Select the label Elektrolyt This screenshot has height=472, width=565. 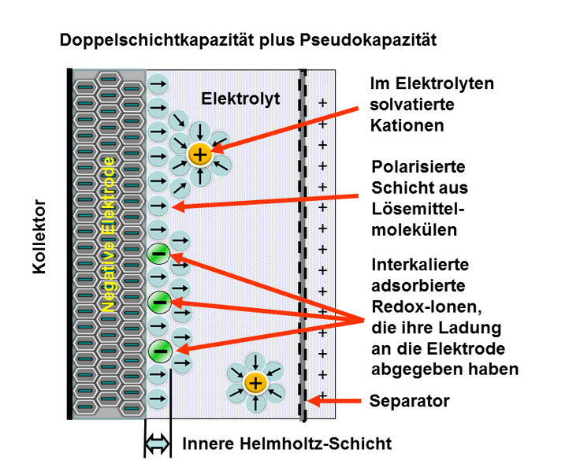241,98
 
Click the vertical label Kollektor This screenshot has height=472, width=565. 40,237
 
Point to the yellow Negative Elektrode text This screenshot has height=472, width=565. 110,237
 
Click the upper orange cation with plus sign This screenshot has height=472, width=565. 200,154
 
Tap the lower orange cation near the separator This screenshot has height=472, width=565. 254,384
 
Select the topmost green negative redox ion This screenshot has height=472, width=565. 158,254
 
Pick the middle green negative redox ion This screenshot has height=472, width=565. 158,301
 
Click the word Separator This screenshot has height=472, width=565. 409,401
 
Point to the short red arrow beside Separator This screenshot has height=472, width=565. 331,400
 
